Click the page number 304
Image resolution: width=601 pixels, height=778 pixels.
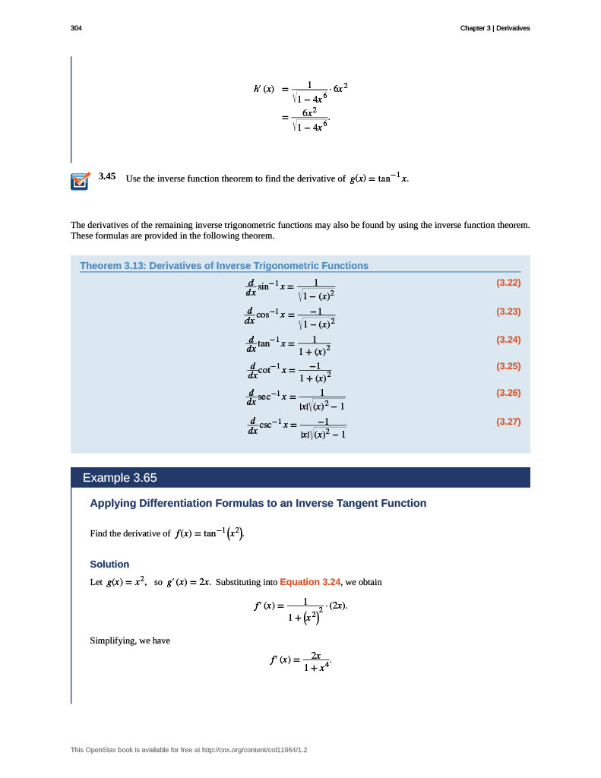point(76,28)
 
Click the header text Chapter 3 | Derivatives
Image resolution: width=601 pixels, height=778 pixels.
point(495,28)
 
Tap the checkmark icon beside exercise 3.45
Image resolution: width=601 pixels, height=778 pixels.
point(80,181)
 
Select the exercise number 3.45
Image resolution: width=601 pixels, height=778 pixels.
point(106,177)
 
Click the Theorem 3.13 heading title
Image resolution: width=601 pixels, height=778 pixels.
point(224,266)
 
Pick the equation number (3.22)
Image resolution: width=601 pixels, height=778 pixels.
point(508,283)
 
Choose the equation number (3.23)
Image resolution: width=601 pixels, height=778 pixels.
point(508,311)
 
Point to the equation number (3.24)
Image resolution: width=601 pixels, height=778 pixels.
point(508,339)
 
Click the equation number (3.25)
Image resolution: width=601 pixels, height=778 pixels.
point(508,366)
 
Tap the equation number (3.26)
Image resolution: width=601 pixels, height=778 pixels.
point(508,393)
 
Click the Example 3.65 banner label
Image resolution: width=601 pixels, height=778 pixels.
point(119,478)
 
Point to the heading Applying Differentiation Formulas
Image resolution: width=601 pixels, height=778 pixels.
point(258,503)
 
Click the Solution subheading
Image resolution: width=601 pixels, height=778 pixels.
point(109,565)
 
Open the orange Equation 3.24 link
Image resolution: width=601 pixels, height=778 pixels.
point(310,582)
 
